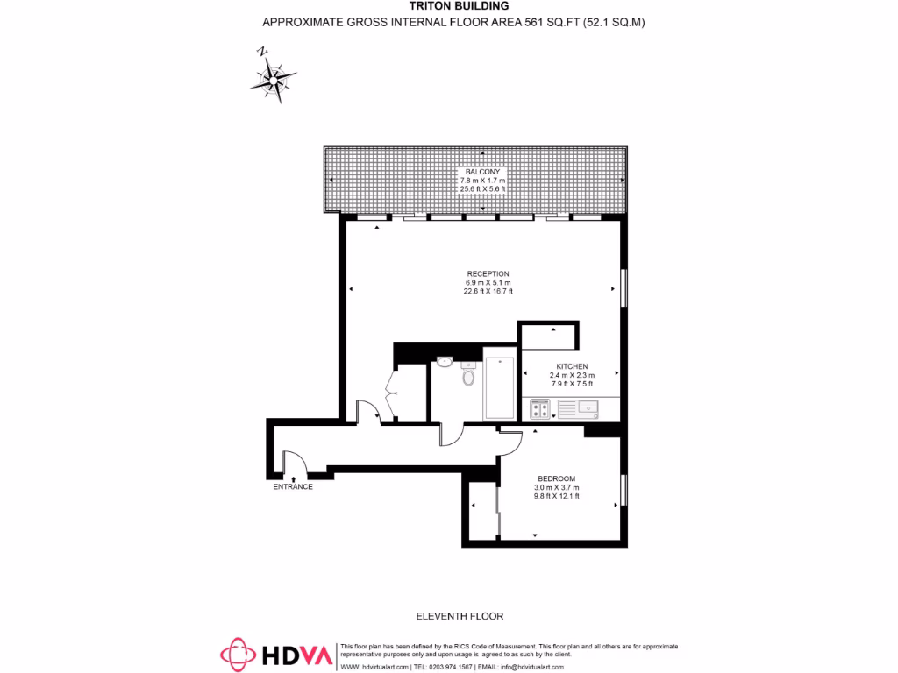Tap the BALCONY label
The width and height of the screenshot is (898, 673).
coord(483,172)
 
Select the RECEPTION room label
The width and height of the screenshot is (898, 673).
coord(488,273)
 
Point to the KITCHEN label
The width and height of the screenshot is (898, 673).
coord(572,366)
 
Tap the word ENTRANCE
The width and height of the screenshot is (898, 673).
coord(293,487)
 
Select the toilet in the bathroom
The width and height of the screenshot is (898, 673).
coord(467,376)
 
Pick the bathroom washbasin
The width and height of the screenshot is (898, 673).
coord(445,361)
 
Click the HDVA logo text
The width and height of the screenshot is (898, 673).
coord(299,655)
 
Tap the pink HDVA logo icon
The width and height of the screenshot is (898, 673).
coord(237,655)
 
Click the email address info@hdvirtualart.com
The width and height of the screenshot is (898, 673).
coord(537,667)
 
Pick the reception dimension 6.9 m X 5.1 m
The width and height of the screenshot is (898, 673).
coord(488,283)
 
